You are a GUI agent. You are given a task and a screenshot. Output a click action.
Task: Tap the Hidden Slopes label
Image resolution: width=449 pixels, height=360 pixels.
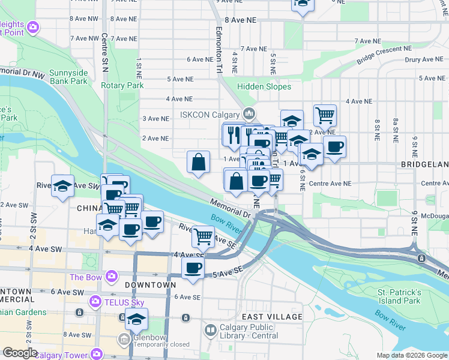[x=264, y=87]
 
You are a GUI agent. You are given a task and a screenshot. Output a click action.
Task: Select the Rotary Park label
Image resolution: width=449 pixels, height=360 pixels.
[x=122, y=86]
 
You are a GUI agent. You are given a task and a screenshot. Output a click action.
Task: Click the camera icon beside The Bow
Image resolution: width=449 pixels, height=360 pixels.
[x=111, y=277]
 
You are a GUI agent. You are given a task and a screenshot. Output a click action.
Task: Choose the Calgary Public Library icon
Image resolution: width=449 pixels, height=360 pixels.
[x=211, y=330]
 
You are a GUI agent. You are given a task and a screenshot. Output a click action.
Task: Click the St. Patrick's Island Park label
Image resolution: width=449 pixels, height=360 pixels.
[x=399, y=296]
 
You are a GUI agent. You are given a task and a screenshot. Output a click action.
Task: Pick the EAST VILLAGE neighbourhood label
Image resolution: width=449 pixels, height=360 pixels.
[x=272, y=316]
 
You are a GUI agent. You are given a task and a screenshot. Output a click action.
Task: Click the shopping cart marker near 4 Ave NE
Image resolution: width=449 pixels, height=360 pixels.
[x=325, y=114]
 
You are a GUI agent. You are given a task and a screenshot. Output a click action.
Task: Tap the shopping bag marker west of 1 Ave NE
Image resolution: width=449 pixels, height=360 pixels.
[x=198, y=162]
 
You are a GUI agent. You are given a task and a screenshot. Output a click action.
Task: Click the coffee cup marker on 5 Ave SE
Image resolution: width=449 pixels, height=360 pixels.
[x=193, y=268]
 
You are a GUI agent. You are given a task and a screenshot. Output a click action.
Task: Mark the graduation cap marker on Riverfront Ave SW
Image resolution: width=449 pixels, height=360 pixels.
[x=62, y=186]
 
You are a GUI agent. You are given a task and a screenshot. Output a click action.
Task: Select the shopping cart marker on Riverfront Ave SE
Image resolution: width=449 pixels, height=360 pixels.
[x=203, y=236]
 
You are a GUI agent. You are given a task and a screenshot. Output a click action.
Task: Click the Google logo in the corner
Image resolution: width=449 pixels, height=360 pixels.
[x=19, y=353]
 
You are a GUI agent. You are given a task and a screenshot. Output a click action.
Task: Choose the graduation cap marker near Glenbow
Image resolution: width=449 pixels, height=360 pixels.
[x=137, y=319]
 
